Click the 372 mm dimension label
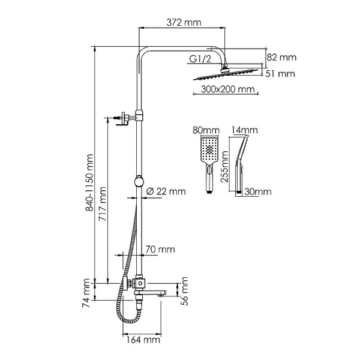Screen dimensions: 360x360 coord(183,23)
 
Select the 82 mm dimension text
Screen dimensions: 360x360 coord(282,58)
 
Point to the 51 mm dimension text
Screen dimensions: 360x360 coord(282,74)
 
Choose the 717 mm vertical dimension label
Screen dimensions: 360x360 coord(103,204)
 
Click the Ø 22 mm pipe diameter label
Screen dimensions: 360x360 coord(166,191)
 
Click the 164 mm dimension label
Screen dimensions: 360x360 coord(144,340)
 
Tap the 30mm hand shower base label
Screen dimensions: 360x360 coord(259,192)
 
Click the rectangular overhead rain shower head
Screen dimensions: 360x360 coord(225,74)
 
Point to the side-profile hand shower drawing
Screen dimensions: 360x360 coord(243,162)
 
